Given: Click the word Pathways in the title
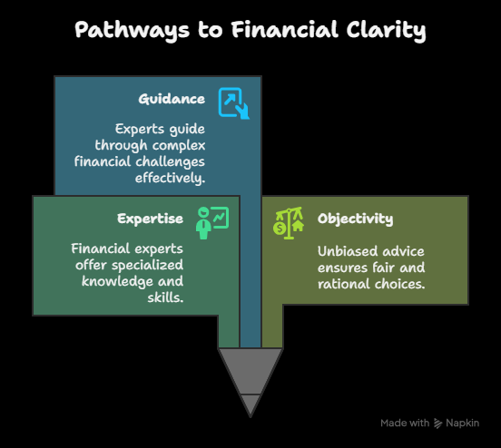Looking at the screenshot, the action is [132, 30].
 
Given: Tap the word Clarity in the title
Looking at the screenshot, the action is [386, 30].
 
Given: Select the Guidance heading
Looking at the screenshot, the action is [172, 99].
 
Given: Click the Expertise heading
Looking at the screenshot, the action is [150, 219].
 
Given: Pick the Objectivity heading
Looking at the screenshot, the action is [355, 219].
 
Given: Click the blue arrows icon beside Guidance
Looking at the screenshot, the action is [234, 103].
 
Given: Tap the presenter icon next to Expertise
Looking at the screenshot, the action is [212, 223].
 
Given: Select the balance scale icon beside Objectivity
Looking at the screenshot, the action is [289, 223].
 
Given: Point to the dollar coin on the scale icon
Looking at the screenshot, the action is [280, 229].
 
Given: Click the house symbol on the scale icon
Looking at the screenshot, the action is [298, 226].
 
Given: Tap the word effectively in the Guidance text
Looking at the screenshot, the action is [170, 178].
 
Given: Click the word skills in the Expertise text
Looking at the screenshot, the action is [165, 297].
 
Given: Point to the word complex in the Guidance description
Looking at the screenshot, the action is [179, 146].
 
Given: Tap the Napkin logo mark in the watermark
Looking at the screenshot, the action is [437, 424].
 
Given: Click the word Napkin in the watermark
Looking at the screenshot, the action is [462, 424].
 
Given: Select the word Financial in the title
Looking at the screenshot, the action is [285, 30].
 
